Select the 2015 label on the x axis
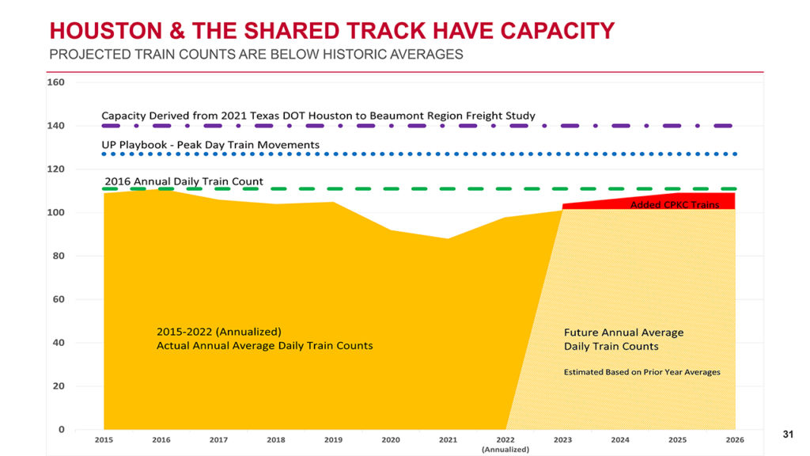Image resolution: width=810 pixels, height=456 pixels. [x=104, y=439]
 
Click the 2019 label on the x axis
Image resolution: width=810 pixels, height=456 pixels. [x=333, y=439]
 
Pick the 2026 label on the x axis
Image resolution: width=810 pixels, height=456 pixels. [x=735, y=439]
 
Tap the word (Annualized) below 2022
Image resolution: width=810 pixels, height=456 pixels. [x=505, y=449]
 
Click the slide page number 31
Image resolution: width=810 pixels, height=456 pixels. [x=788, y=434]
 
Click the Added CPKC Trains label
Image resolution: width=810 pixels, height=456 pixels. [x=675, y=205]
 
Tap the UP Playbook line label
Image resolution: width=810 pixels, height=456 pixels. [x=210, y=145]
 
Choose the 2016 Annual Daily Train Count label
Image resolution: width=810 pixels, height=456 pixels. [x=184, y=181]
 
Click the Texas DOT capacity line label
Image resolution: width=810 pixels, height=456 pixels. [x=318, y=116]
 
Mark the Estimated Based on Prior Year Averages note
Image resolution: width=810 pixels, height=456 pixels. [x=642, y=372]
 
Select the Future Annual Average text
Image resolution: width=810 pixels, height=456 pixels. [x=623, y=332]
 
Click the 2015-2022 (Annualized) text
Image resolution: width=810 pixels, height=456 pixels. [x=219, y=332]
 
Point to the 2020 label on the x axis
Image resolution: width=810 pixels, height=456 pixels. [x=391, y=439]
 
